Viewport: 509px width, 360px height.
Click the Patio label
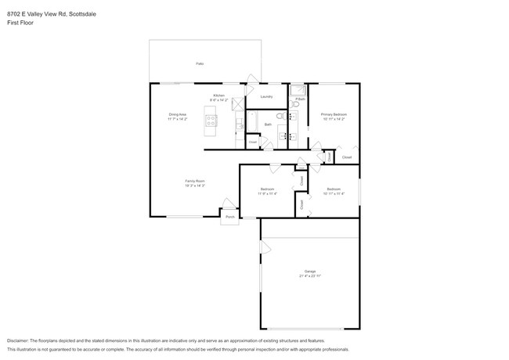[200, 63]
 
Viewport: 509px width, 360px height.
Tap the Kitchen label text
[218, 96]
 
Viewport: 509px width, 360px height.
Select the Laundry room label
[266, 96]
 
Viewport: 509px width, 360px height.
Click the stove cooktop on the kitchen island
[210, 120]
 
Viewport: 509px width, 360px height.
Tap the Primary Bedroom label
[334, 114]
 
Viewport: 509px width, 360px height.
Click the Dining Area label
[178, 114]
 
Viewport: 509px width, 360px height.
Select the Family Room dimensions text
[195, 186]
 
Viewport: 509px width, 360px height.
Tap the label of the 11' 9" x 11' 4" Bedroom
[267, 189]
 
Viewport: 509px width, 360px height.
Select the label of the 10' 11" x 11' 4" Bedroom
[334, 189]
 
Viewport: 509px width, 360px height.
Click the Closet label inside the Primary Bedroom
[347, 157]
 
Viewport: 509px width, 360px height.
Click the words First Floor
[21, 23]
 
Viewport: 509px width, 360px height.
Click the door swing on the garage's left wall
[265, 249]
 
